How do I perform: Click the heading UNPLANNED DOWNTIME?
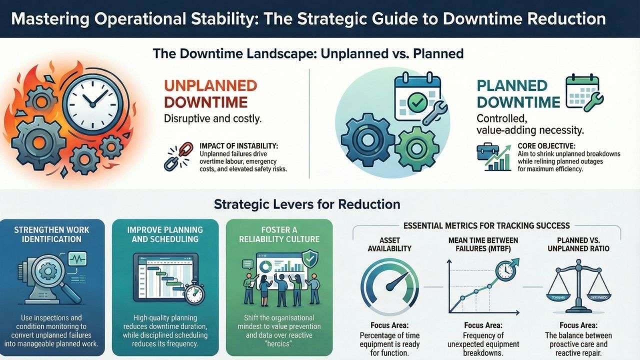click(x=210, y=93)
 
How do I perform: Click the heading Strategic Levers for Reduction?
click(x=307, y=204)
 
